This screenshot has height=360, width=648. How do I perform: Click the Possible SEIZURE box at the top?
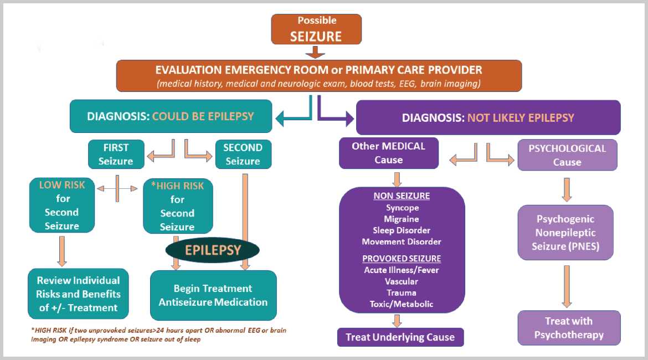coord(316,29)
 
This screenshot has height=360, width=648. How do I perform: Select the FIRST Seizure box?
coord(116,154)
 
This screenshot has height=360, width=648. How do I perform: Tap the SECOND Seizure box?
coord(243,154)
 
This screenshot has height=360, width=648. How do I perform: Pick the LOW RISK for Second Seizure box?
coord(61,205)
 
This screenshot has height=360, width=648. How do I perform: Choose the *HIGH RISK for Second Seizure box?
coord(177,205)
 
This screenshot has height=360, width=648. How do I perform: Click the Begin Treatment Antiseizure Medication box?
coord(213,295)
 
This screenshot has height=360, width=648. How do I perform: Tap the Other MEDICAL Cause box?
coord(388,153)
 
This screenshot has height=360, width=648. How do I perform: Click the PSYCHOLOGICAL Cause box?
coord(567,155)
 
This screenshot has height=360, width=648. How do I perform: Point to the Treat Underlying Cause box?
coord(400,337)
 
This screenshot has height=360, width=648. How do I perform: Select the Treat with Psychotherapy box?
coord(569,328)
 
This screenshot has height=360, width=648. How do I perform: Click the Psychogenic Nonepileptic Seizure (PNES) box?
coord(565,233)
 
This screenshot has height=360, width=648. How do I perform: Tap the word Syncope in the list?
coord(402,208)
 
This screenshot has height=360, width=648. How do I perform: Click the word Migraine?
coord(402,219)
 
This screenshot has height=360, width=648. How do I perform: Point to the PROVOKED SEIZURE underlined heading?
coord(402,259)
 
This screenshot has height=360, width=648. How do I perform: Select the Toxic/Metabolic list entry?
coord(402,304)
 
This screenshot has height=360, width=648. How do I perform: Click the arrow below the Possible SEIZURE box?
coord(316,52)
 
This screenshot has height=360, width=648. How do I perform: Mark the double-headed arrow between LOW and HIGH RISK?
coord(117,189)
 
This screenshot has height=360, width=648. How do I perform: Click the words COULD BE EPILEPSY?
coord(203,116)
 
